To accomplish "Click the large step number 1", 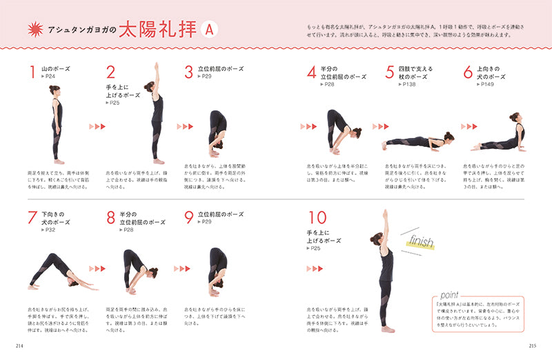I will click(x=32, y=72).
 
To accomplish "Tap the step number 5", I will click(x=390, y=72).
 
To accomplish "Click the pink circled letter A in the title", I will click(x=209, y=30).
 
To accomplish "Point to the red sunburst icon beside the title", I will click(x=34, y=30).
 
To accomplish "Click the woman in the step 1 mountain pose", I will click(x=56, y=124).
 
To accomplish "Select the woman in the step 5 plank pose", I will click(x=418, y=142).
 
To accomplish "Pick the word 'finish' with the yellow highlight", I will click(x=420, y=242).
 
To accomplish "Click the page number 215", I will click(x=533, y=345).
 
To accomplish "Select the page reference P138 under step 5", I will click(x=406, y=85).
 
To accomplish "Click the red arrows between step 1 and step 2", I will click(x=97, y=127).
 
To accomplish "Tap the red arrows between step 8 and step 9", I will click(x=181, y=268).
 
